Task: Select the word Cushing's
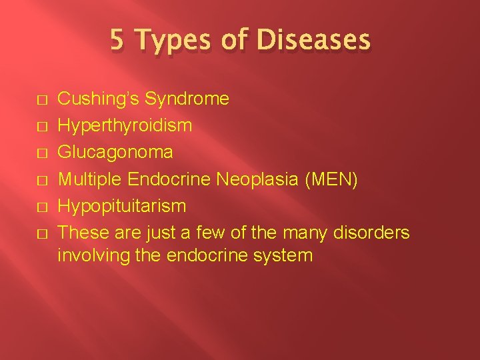click(99, 99)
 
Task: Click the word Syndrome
click(187, 99)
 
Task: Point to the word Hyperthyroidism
click(125, 126)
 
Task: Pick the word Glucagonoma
click(115, 153)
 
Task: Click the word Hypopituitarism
click(122, 207)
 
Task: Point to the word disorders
click(372, 233)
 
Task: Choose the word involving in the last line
click(89, 255)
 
